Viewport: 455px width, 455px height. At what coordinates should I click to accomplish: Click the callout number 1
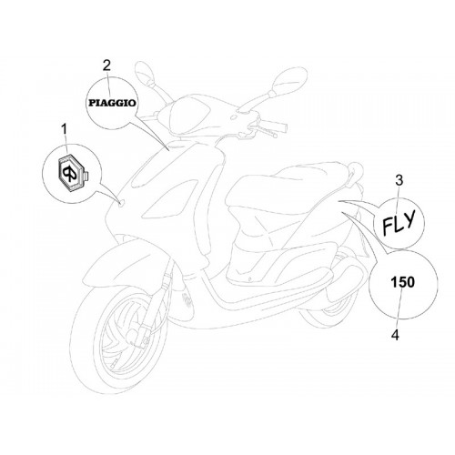[64, 131]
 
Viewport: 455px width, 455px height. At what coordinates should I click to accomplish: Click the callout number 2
[106, 66]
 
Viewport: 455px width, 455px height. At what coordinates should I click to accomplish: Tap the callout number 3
[399, 180]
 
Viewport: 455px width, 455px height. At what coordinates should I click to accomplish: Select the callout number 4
[395, 335]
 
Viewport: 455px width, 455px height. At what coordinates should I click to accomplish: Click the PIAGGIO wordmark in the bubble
[112, 103]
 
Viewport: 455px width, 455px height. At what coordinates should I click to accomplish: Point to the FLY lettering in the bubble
[399, 222]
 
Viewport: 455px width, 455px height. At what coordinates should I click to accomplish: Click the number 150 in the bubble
[402, 282]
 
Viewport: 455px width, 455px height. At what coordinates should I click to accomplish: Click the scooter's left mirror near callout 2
[146, 71]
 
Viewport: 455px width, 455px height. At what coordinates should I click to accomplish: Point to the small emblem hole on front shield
[121, 204]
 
